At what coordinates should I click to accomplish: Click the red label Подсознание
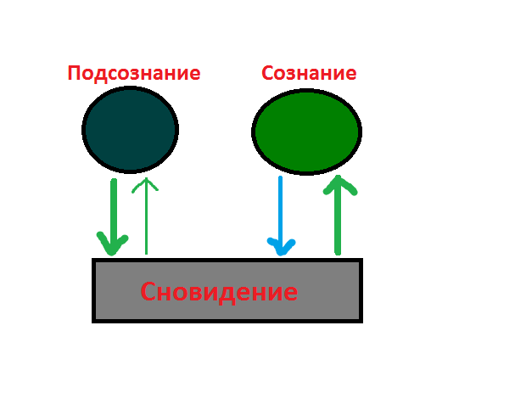pos(134,74)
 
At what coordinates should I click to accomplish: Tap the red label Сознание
pos(309,73)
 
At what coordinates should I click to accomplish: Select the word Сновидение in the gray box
pos(219,292)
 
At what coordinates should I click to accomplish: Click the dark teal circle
pos(130,130)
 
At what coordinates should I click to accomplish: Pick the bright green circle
pos(307,132)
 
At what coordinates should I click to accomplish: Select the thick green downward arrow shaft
pos(114,214)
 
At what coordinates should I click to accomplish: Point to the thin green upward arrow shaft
pos(146,216)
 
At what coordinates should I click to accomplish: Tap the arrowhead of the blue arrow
pos(281,246)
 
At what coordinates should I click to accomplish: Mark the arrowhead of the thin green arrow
pos(145,184)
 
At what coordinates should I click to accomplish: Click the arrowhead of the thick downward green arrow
pos(112,244)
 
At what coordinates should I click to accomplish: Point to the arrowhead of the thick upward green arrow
pos(339,184)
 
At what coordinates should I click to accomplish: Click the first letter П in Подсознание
pos(74,73)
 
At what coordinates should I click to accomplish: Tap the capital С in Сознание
pos(267,73)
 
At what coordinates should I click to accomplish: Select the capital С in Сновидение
pos(148,292)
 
